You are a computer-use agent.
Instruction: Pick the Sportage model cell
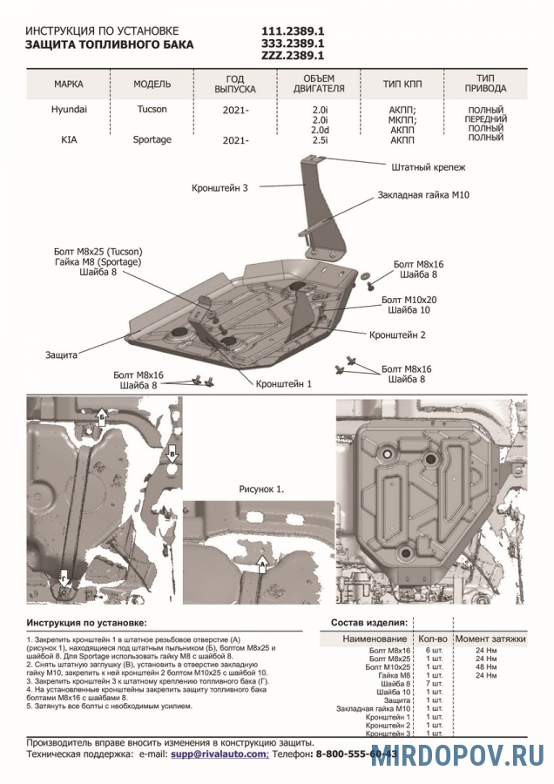tap(152, 139)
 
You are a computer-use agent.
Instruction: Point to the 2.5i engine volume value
tap(319, 139)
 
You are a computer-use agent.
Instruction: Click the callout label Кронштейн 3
tap(220, 187)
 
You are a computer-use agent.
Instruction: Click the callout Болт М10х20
tap(409, 299)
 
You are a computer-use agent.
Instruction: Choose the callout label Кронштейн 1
tap(283, 383)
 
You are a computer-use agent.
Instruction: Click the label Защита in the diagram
tap(62, 355)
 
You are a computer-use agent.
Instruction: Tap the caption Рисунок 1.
tap(261, 490)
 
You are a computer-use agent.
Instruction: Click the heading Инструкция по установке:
tap(86, 624)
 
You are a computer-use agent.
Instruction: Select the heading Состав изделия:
tap(368, 624)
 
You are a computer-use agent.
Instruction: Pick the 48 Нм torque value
tap(486, 667)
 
